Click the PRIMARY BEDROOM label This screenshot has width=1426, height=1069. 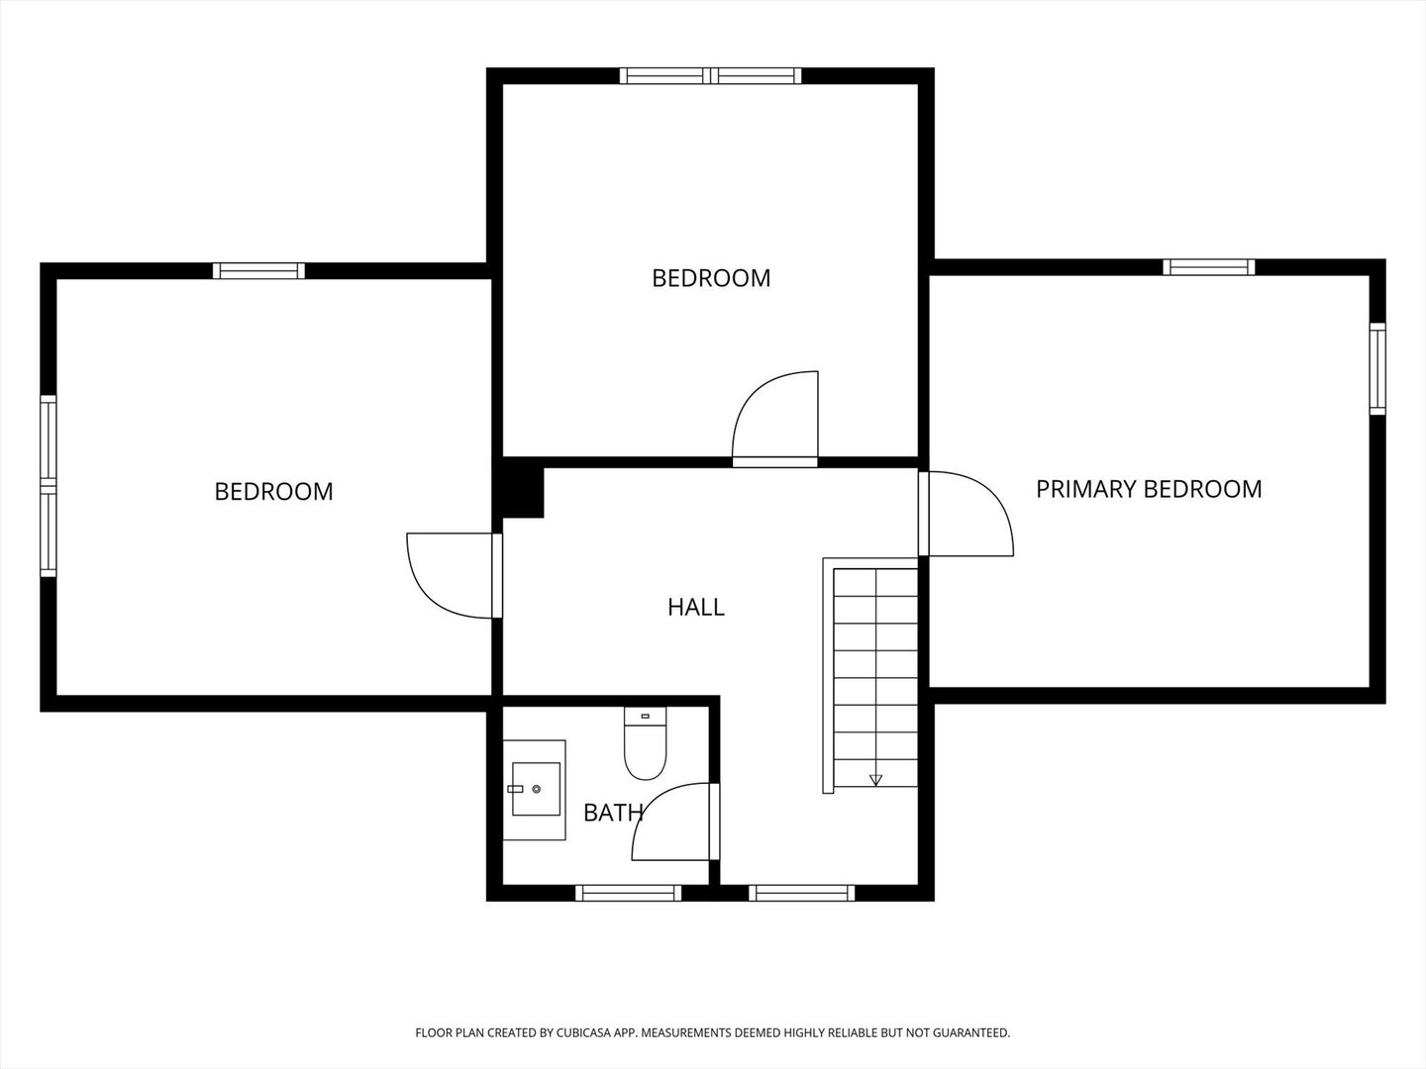tap(1149, 489)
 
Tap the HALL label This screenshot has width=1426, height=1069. tap(696, 607)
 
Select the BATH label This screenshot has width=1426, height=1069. tap(613, 813)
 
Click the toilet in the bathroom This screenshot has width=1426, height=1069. tap(645, 742)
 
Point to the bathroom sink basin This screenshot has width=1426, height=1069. tap(536, 789)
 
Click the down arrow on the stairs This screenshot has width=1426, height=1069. tap(875, 780)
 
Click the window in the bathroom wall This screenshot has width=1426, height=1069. tap(628, 893)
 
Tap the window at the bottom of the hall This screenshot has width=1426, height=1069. tap(802, 893)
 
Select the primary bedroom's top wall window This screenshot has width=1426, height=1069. tap(1208, 267)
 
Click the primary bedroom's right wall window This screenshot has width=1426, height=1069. tap(1377, 368)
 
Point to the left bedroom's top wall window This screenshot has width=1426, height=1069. tap(258, 270)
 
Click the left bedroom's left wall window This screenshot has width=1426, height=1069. tap(49, 485)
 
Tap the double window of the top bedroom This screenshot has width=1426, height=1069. tap(710, 76)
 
